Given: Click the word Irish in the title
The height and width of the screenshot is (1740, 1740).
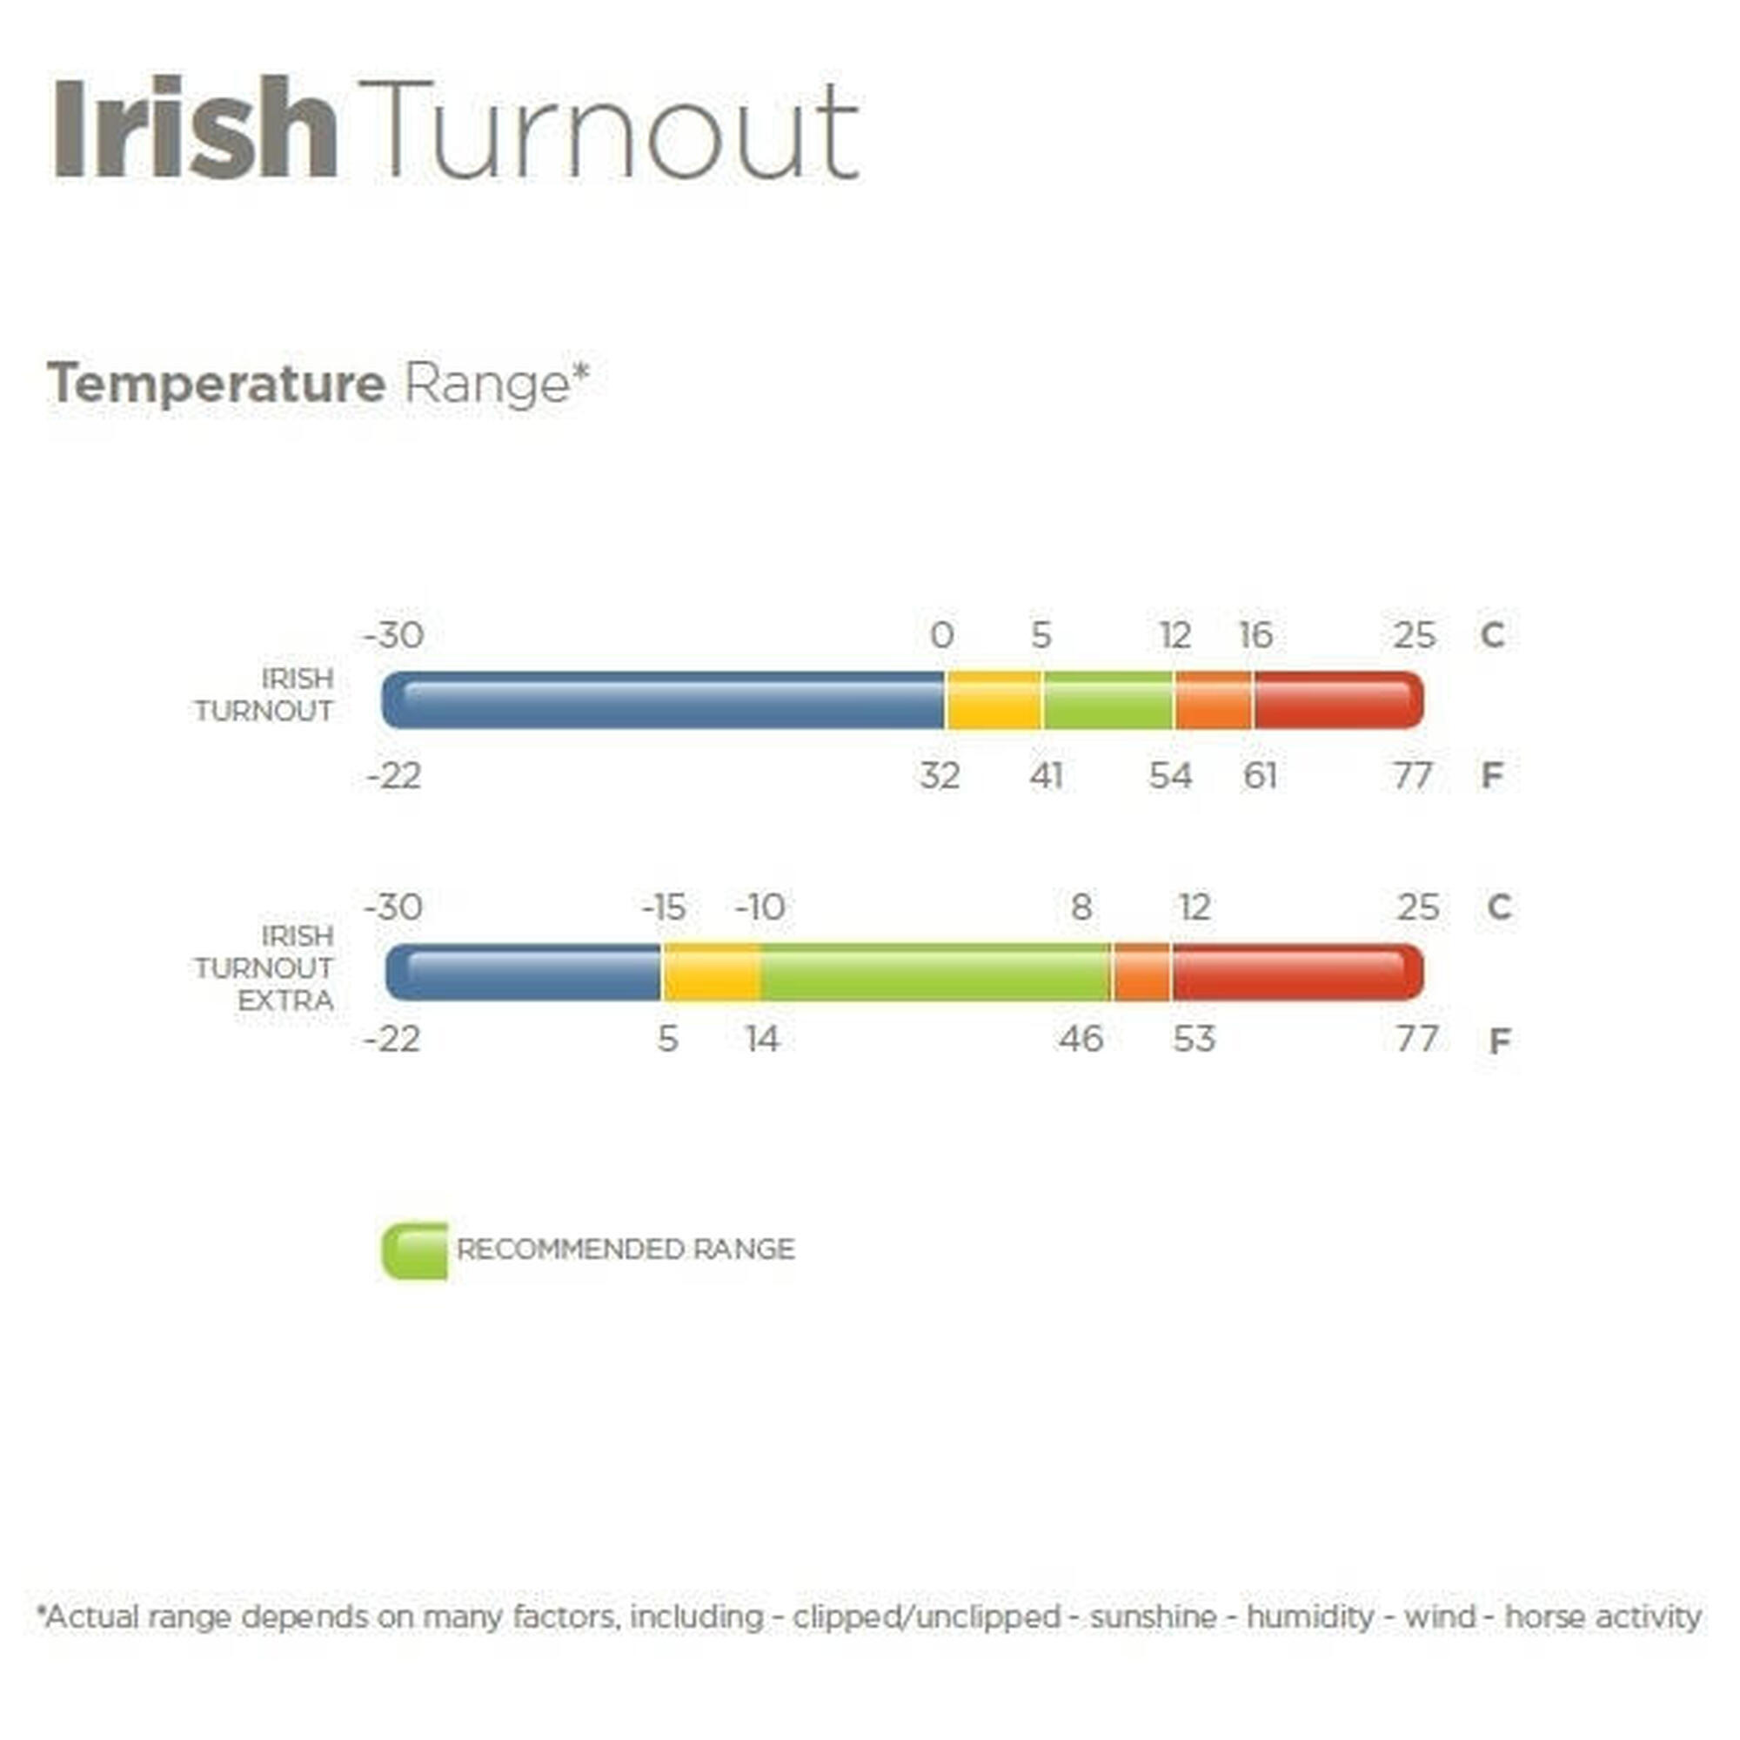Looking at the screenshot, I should pyautogui.click(x=196, y=129).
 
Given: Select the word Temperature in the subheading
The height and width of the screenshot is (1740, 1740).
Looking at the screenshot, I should pyautogui.click(x=216, y=384).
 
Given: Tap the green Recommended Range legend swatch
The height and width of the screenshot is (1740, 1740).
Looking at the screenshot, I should pyautogui.click(x=414, y=1251).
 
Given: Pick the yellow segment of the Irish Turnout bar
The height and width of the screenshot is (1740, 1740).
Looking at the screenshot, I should pyautogui.click(x=994, y=699).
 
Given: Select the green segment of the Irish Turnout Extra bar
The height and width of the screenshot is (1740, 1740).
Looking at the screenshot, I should pyautogui.click(x=935, y=972).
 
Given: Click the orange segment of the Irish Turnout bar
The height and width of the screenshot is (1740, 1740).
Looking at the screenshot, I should pyautogui.click(x=1213, y=699).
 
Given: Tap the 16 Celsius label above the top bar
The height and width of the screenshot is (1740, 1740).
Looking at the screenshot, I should pyautogui.click(x=1255, y=636).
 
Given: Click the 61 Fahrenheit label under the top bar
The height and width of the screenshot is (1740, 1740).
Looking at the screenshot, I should pyautogui.click(x=1259, y=775).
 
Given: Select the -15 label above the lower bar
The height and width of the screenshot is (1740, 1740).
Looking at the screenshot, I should pyautogui.click(x=664, y=907).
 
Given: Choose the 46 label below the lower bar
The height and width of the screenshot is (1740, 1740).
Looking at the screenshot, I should pyautogui.click(x=1080, y=1040).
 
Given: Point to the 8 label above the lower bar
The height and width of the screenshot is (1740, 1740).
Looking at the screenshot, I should pyautogui.click(x=1081, y=907).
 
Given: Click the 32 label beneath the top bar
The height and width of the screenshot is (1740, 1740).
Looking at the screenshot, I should pyautogui.click(x=940, y=775).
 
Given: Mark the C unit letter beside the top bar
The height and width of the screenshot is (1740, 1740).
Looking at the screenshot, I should pyautogui.click(x=1491, y=636).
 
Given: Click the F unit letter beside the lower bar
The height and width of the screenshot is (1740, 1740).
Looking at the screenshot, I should pyautogui.click(x=1499, y=1041).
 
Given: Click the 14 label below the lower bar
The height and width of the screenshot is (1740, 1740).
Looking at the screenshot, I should pyautogui.click(x=762, y=1040).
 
